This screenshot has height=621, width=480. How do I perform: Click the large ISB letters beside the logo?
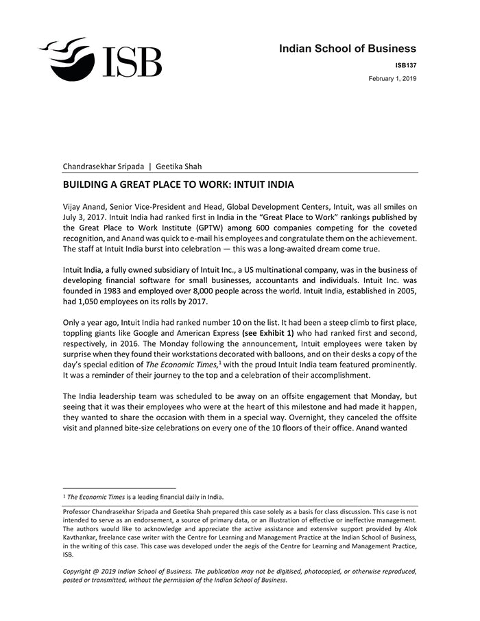coord(132,62)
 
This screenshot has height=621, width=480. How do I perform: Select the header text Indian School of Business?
coord(347,49)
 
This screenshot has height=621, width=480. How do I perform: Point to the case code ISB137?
coord(405,66)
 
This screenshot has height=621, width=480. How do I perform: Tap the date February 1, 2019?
coord(392,79)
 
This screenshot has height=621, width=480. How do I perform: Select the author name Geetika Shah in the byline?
coord(179,166)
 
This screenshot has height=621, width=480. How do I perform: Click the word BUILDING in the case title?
coord(88,185)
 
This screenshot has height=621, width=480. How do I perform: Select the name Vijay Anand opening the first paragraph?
coord(85,207)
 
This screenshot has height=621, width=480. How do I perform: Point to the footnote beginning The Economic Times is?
coord(144,497)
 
